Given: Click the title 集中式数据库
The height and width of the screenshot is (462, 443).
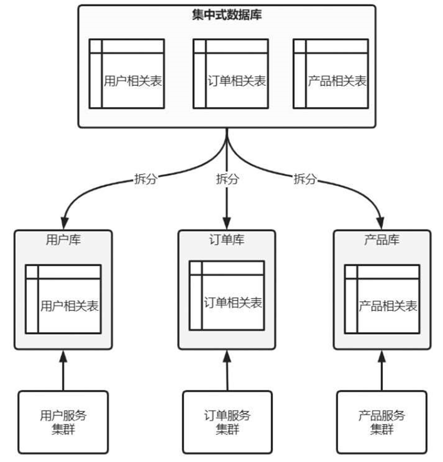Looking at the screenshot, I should (x=227, y=14).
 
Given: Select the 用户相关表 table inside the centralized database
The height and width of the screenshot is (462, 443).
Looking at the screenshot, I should (x=126, y=74).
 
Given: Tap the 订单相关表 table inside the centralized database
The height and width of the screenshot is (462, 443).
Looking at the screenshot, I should (x=230, y=74).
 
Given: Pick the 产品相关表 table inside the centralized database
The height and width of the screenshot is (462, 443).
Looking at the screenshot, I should (x=330, y=74).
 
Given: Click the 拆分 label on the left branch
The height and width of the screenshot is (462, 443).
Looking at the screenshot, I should (x=145, y=179).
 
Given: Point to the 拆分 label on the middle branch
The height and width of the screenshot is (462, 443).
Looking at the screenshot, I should (x=227, y=179).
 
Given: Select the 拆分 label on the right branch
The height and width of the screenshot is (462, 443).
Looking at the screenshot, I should (x=305, y=179).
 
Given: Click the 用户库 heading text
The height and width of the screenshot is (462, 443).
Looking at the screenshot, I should (x=63, y=240).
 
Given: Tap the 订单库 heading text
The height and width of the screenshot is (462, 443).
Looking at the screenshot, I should (x=227, y=240).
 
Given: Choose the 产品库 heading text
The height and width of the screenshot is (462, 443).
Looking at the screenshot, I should (x=382, y=240).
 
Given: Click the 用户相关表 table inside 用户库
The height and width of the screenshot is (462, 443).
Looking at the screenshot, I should (x=63, y=299).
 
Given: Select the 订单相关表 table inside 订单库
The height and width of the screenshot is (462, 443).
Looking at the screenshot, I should (x=227, y=295).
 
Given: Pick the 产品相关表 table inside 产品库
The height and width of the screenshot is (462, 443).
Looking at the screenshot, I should (x=382, y=299).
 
